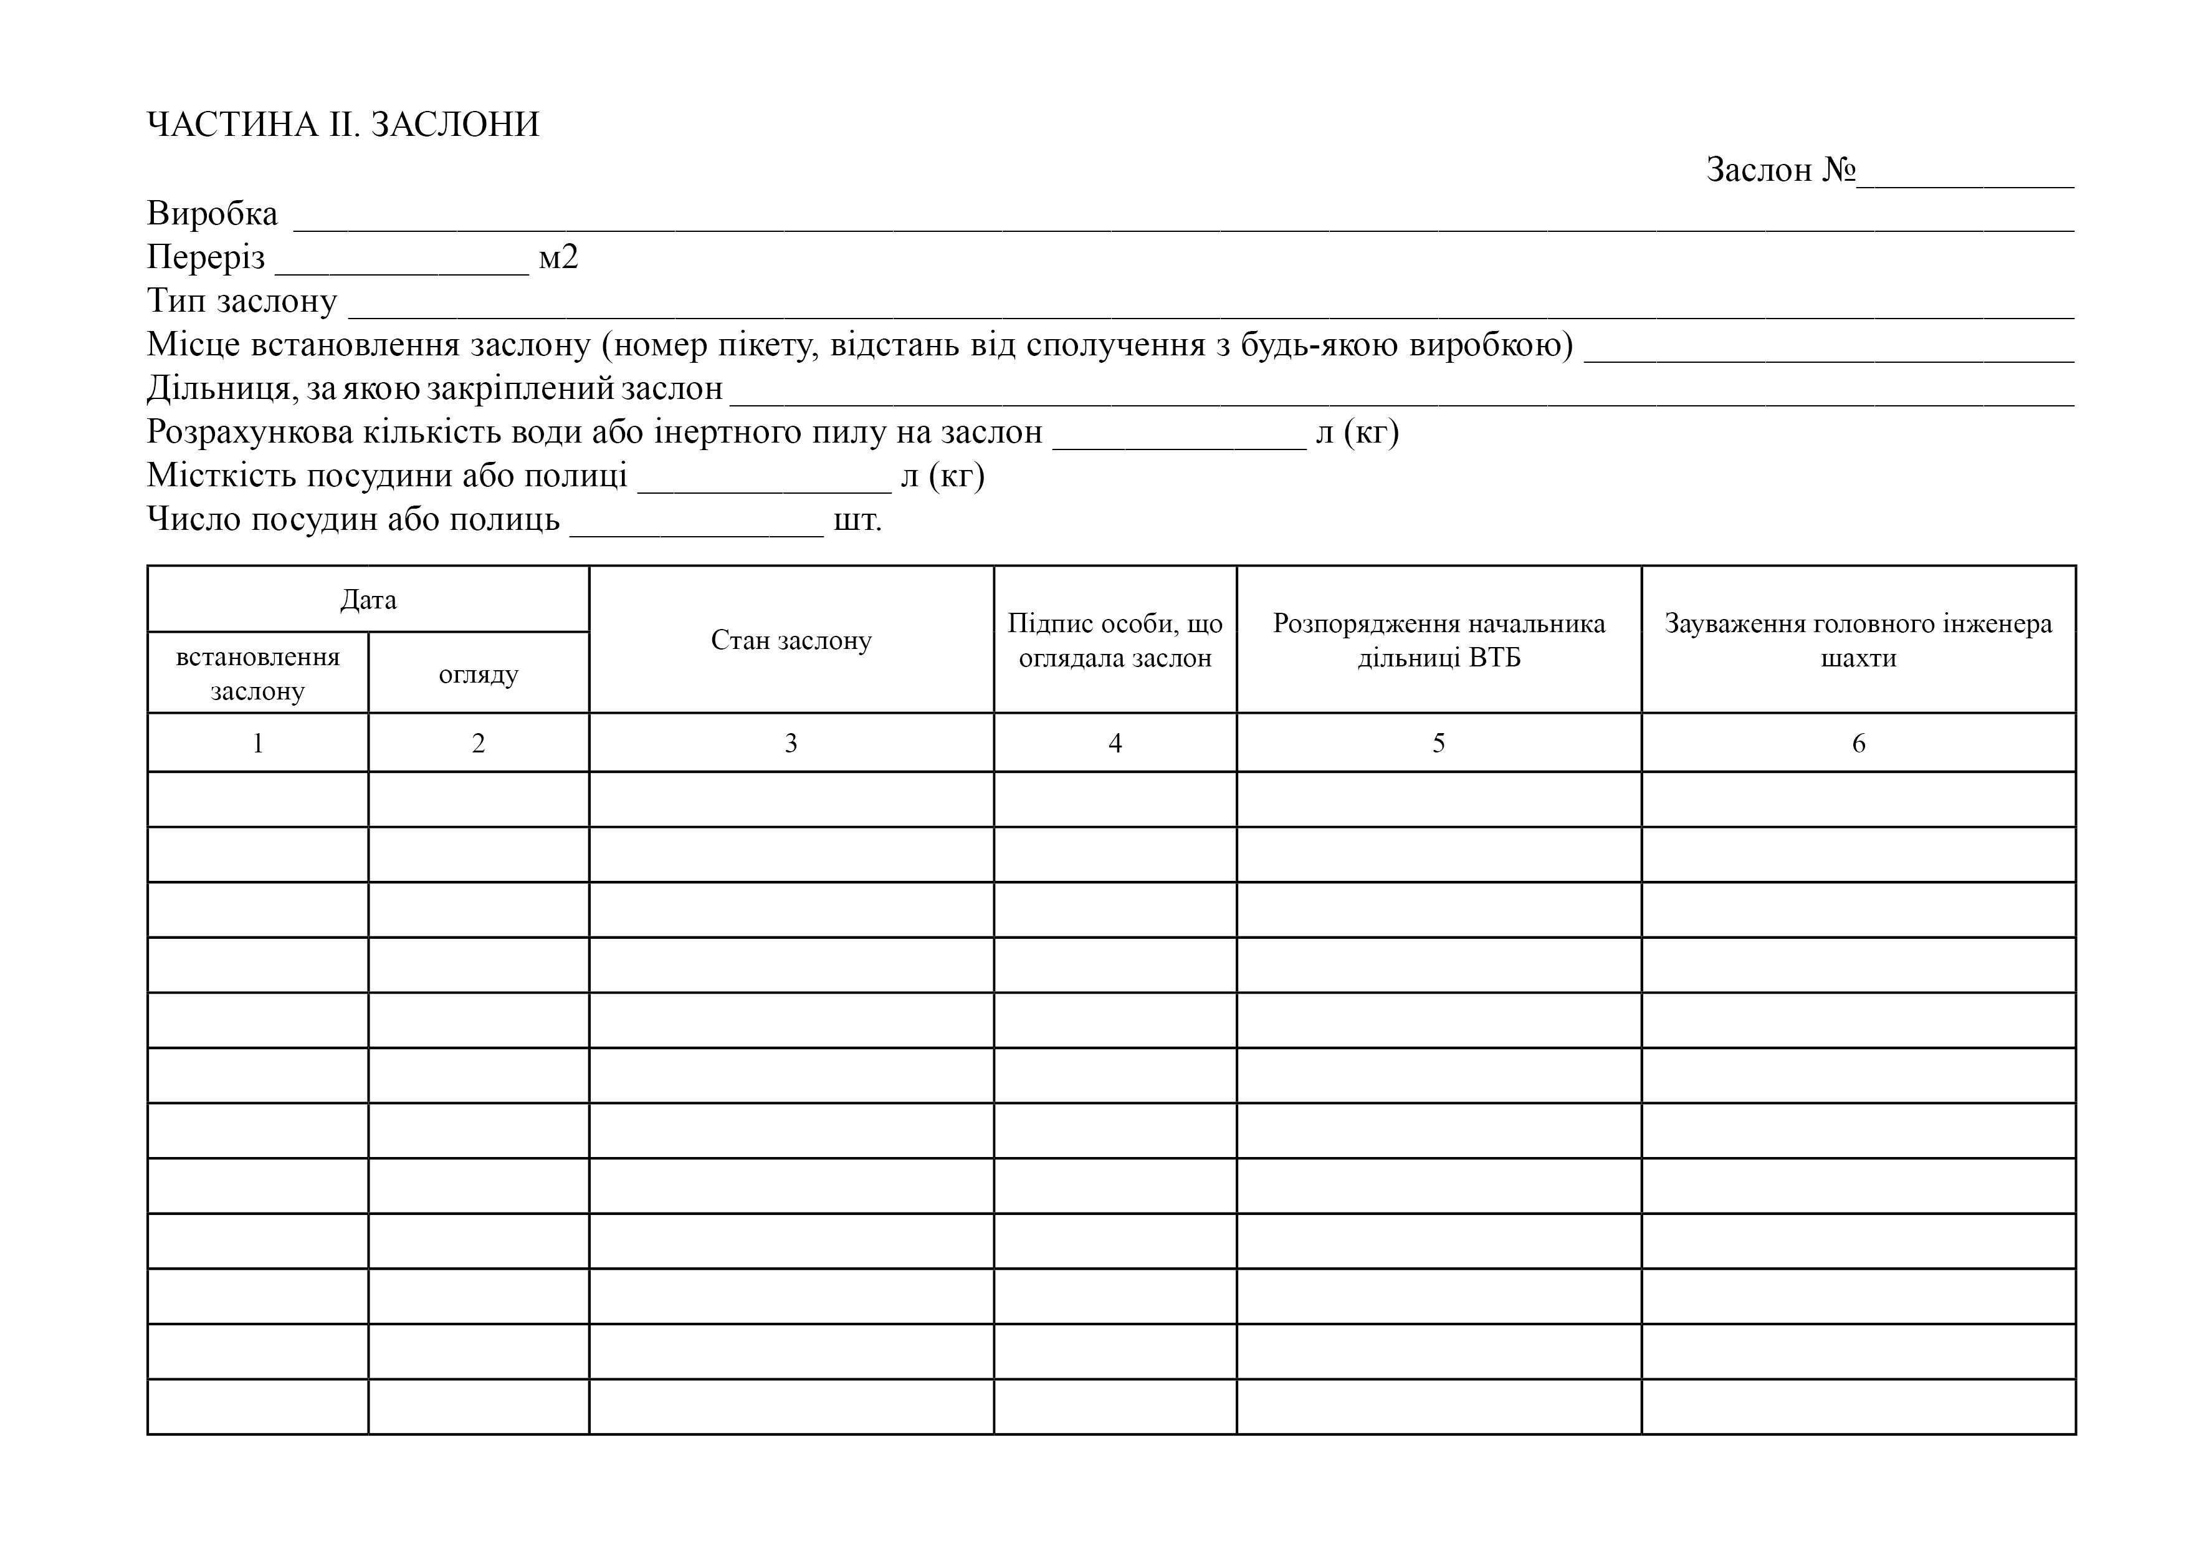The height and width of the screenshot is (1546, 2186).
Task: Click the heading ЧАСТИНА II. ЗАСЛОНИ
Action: coord(343,125)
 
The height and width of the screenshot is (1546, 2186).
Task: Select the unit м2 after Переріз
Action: coord(558,257)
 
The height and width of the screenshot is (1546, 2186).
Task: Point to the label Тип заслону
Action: coord(242,301)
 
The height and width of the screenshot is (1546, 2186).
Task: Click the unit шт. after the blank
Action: coord(857,520)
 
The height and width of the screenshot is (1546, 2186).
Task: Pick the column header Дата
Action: coord(368,600)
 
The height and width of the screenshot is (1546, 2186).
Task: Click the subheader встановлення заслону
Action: coord(258,673)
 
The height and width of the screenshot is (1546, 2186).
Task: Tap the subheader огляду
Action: coord(479,675)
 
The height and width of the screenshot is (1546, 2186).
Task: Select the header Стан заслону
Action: coord(791,640)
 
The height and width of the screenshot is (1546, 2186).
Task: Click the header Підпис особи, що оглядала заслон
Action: coord(1115,640)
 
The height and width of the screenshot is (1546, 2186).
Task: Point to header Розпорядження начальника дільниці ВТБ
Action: coord(1439,640)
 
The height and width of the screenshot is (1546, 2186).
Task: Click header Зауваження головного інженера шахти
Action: coord(1858,640)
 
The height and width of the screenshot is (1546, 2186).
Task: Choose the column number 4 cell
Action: coord(1115,743)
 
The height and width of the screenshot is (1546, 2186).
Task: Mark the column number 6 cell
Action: coord(1858,743)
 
